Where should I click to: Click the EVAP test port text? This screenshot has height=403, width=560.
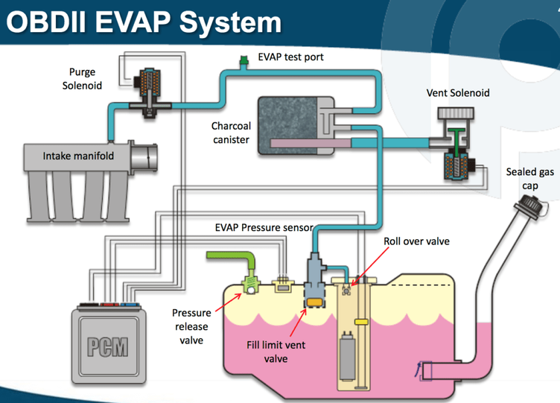[x=291, y=57]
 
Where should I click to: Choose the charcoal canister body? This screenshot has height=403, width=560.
[x=291, y=125]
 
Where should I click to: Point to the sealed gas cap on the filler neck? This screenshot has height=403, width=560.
[x=529, y=204]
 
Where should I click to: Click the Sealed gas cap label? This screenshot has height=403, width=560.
[x=530, y=178]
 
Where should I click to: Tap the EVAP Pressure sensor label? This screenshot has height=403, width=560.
[x=264, y=227]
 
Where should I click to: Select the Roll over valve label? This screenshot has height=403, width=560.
[x=416, y=242]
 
